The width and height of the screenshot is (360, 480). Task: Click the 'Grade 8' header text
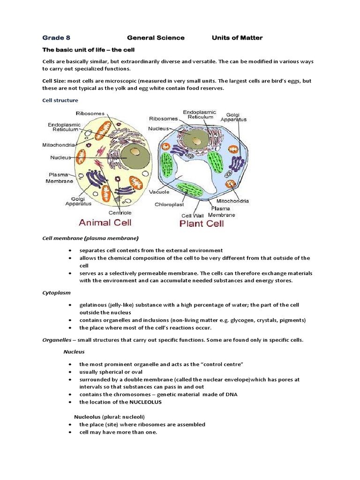(x=56, y=37)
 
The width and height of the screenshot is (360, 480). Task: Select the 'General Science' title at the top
(x=156, y=37)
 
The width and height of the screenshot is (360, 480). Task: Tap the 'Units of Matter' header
(x=238, y=37)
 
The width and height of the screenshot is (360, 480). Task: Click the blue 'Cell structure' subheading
(x=60, y=100)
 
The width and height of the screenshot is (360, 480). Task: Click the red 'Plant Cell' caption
(x=202, y=223)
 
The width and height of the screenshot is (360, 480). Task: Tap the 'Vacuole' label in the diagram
(x=159, y=192)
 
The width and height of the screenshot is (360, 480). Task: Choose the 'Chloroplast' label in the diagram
(x=170, y=204)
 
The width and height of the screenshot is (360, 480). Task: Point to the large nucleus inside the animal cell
(x=133, y=154)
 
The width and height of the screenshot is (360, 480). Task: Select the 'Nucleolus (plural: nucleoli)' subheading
(x=109, y=417)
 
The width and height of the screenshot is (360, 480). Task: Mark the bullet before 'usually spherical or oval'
(x=70, y=372)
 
